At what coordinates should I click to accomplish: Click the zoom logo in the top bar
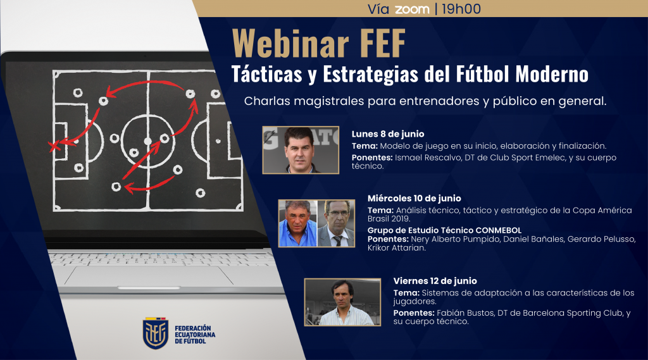pyautogui.click(x=412, y=9)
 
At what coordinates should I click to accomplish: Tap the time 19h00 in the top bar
pyautogui.click(x=461, y=9)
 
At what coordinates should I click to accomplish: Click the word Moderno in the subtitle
pyautogui.click(x=552, y=75)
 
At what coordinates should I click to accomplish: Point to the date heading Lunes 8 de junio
pyautogui.click(x=388, y=134)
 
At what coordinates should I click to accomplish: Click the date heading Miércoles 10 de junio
pyautogui.click(x=414, y=199)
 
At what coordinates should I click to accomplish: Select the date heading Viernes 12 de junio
pyautogui.click(x=435, y=281)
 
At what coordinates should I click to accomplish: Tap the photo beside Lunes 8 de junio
pyautogui.click(x=301, y=150)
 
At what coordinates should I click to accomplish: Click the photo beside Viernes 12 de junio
pyautogui.click(x=342, y=302)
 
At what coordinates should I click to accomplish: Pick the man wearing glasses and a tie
pyautogui.click(x=336, y=223)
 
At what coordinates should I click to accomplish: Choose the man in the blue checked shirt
pyautogui.click(x=297, y=223)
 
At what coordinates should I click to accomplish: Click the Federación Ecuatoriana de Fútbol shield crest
pyautogui.click(x=156, y=333)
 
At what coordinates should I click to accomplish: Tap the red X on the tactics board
pyautogui.click(x=53, y=146)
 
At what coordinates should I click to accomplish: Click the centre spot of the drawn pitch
pyautogui.click(x=147, y=141)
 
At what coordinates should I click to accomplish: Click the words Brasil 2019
pyautogui.click(x=389, y=219)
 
